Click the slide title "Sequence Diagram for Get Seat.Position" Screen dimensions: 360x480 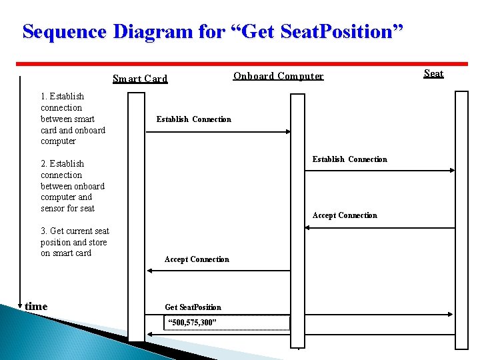click(x=213, y=31)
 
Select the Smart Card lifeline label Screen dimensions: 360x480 click(x=140, y=79)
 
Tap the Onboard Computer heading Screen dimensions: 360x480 click(x=278, y=76)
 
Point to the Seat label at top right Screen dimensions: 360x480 click(x=433, y=73)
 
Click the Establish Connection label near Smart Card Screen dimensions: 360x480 click(x=193, y=119)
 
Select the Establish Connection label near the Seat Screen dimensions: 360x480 click(x=349, y=159)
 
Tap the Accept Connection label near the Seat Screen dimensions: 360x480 click(x=345, y=215)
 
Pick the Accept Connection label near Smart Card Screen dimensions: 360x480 click(x=197, y=259)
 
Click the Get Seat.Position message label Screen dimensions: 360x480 click(x=193, y=307)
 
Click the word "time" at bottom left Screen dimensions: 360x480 click(x=36, y=307)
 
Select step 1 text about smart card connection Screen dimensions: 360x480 click(x=72, y=119)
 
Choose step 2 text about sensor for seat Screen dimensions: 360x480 click(x=72, y=186)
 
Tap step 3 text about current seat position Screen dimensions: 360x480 click(x=74, y=242)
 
